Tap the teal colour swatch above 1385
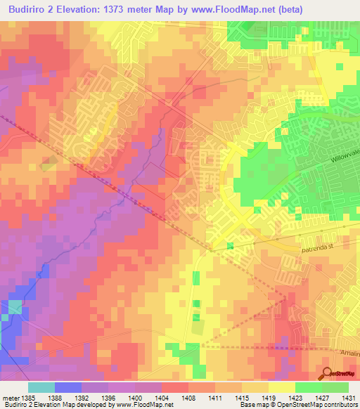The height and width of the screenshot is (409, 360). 41,387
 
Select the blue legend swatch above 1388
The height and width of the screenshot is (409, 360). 68,387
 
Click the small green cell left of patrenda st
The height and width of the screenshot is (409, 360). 230,246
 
